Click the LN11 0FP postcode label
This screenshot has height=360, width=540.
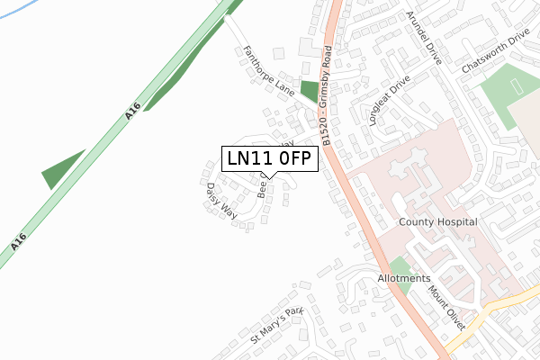point(268,159)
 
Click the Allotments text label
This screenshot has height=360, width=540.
point(405,279)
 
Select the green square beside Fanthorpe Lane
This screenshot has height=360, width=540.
point(310,92)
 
